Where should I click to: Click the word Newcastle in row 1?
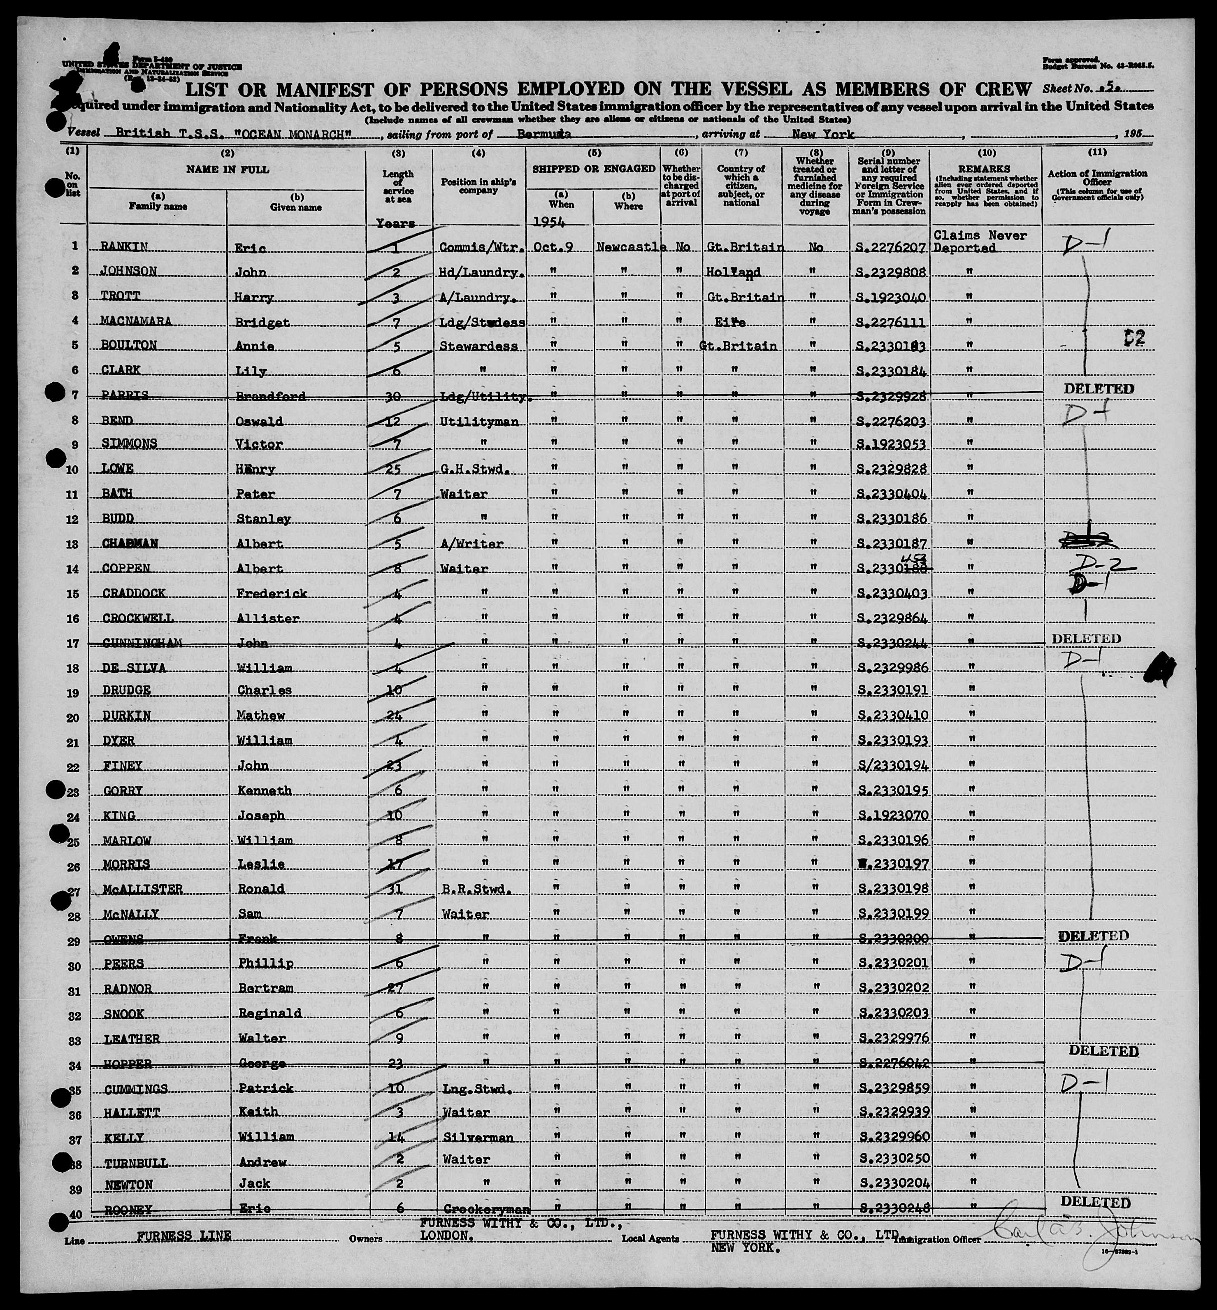pyautogui.click(x=627, y=247)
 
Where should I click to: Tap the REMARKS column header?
pyautogui.click(x=986, y=169)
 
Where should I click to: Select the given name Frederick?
pyautogui.click(x=271, y=593)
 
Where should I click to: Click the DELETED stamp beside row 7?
pyautogui.click(x=1098, y=388)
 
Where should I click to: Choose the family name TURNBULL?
pyautogui.click(x=136, y=1163)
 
